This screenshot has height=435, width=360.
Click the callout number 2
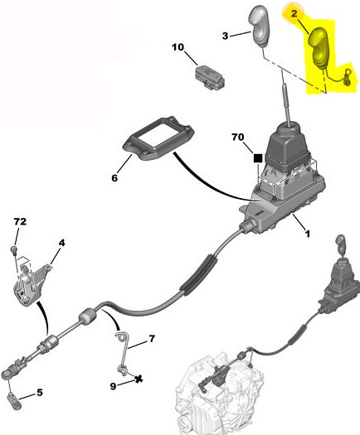point(294,13)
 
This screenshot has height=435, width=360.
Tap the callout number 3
point(225,36)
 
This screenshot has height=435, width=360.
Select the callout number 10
point(178,47)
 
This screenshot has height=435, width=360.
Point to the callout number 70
point(238,137)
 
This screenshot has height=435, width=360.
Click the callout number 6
point(114,178)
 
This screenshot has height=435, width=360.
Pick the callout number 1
point(307,234)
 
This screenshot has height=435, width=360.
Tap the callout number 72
point(20,221)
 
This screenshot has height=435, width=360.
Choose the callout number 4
point(61,243)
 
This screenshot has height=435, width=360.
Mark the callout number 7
point(152,338)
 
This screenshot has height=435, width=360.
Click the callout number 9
point(113,386)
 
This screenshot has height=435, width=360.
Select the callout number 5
point(40,392)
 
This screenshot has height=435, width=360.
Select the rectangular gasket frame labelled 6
point(158,138)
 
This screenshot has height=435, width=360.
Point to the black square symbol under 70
point(258,158)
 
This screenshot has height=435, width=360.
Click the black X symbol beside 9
point(139,379)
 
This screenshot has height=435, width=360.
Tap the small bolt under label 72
point(14,249)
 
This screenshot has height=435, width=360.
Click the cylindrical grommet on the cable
point(87,317)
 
